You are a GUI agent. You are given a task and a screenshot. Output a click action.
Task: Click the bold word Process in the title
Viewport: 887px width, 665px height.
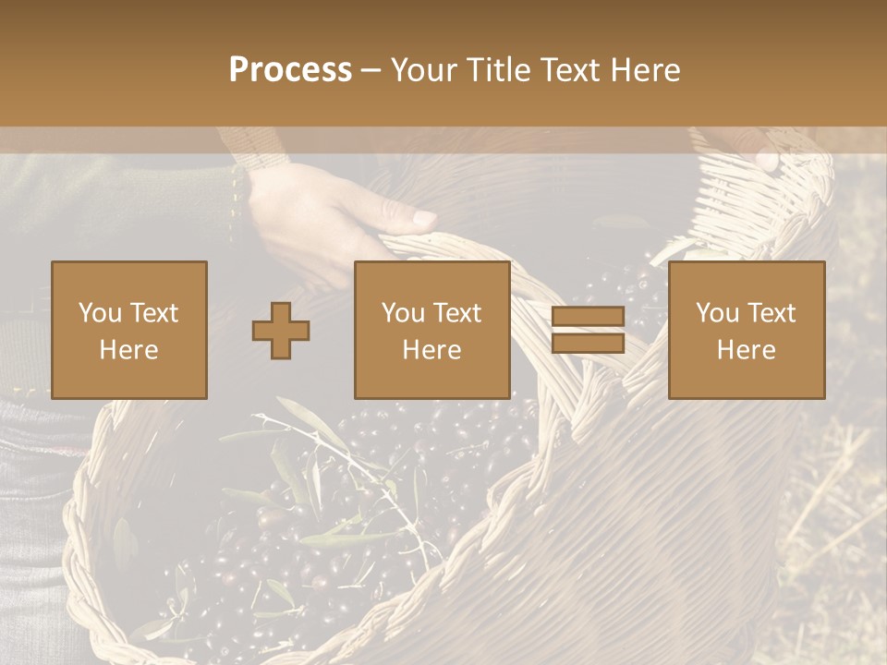(x=290, y=70)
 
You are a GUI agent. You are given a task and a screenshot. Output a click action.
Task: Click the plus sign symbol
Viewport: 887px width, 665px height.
(x=281, y=330)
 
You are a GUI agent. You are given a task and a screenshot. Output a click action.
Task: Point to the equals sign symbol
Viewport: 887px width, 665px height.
(x=588, y=330)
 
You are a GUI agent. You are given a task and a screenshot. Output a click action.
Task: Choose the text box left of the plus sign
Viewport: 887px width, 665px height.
(x=129, y=330)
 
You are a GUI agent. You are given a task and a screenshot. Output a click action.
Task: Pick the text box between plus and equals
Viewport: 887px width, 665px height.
(x=432, y=330)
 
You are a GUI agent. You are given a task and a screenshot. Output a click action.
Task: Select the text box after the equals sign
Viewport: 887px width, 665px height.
(x=747, y=330)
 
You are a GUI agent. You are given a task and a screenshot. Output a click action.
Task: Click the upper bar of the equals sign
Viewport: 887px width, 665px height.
(x=588, y=317)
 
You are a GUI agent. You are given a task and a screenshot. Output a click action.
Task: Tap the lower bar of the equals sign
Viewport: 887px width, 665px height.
(x=588, y=344)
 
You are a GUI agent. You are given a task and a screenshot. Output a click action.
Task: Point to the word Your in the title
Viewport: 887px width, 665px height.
(x=422, y=70)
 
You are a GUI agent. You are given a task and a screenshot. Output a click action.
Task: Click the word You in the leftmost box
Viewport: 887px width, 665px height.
(x=100, y=313)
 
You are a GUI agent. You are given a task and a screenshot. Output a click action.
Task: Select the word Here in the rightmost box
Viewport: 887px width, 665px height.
(x=747, y=350)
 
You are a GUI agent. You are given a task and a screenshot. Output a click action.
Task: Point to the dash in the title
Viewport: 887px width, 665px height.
(x=371, y=71)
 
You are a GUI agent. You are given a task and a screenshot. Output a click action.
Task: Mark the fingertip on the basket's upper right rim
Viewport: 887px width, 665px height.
(x=766, y=160)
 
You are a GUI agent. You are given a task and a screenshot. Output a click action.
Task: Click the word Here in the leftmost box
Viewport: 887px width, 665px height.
(x=129, y=350)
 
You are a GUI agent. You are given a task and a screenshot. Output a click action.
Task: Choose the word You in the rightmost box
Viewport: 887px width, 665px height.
(x=718, y=313)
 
